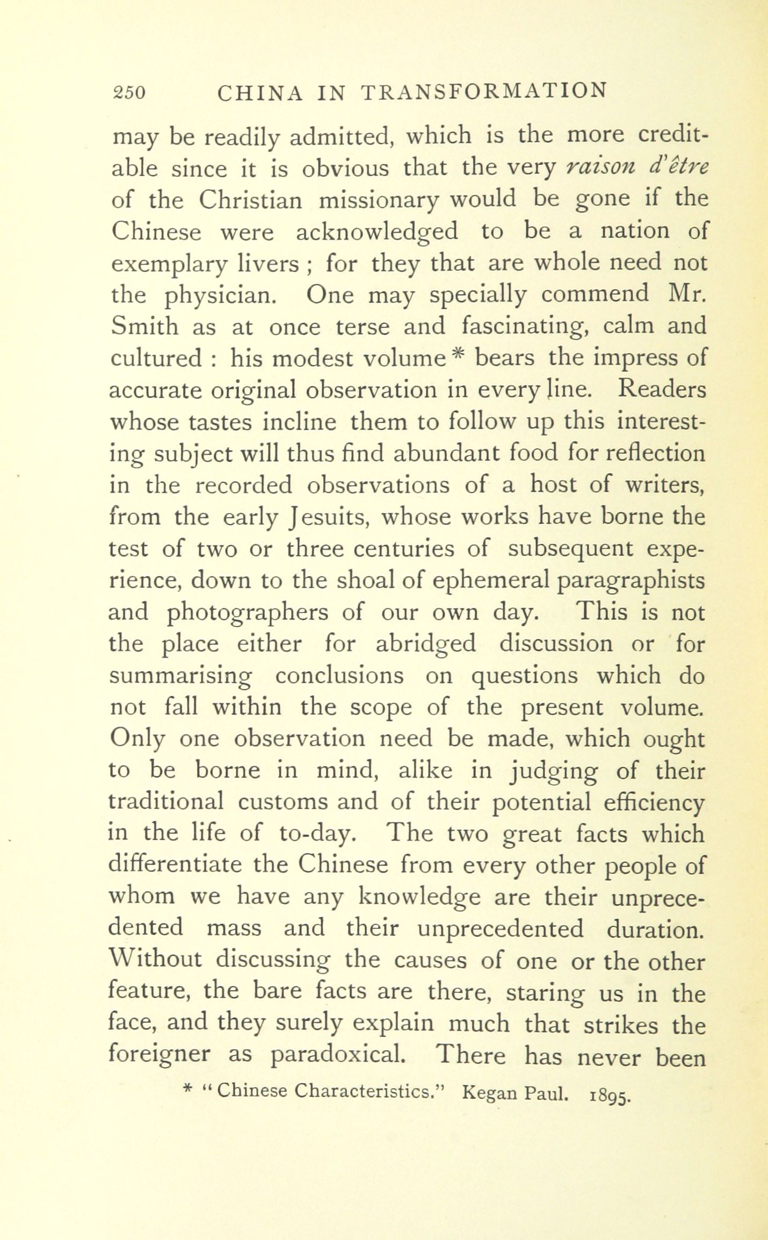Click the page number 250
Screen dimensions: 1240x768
coord(129,92)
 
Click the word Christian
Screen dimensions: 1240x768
coord(250,200)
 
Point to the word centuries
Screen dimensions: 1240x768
coord(387,549)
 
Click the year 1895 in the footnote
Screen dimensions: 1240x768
coord(607,1093)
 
